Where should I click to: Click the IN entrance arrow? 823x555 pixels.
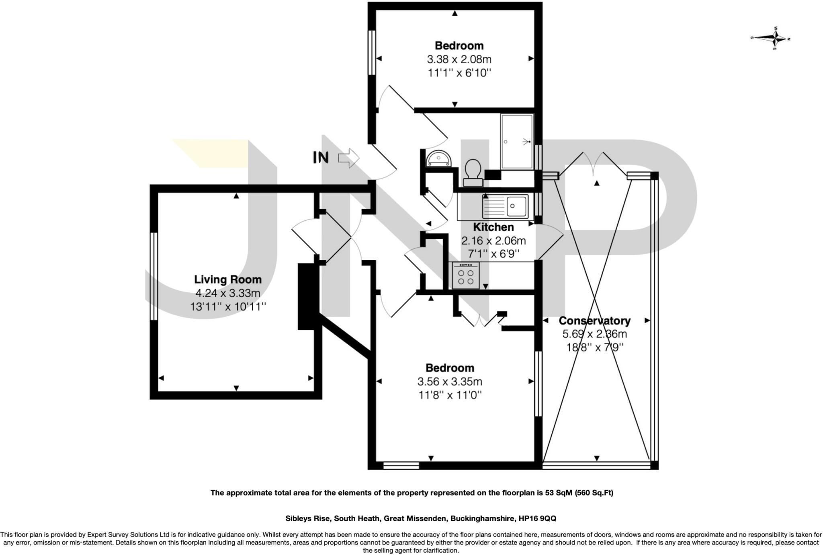(x=348, y=158)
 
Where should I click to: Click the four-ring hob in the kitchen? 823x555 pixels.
(x=466, y=275)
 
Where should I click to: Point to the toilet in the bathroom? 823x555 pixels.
(x=473, y=173)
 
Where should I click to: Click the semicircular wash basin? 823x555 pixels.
(x=439, y=158)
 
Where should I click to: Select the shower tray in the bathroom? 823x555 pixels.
(x=517, y=142)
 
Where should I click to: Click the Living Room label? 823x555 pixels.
(x=228, y=280)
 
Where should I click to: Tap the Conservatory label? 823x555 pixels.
(x=594, y=321)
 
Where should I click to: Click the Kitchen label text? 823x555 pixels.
(x=493, y=227)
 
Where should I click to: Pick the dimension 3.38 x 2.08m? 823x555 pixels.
(x=459, y=60)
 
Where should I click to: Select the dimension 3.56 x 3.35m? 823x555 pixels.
(x=450, y=381)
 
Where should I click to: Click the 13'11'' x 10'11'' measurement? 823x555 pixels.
(x=228, y=307)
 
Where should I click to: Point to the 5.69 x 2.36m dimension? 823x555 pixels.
(x=594, y=334)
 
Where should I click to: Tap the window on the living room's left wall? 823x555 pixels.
(x=154, y=276)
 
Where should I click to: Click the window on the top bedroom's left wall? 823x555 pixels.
(x=372, y=52)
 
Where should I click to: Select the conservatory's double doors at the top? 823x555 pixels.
(x=593, y=166)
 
